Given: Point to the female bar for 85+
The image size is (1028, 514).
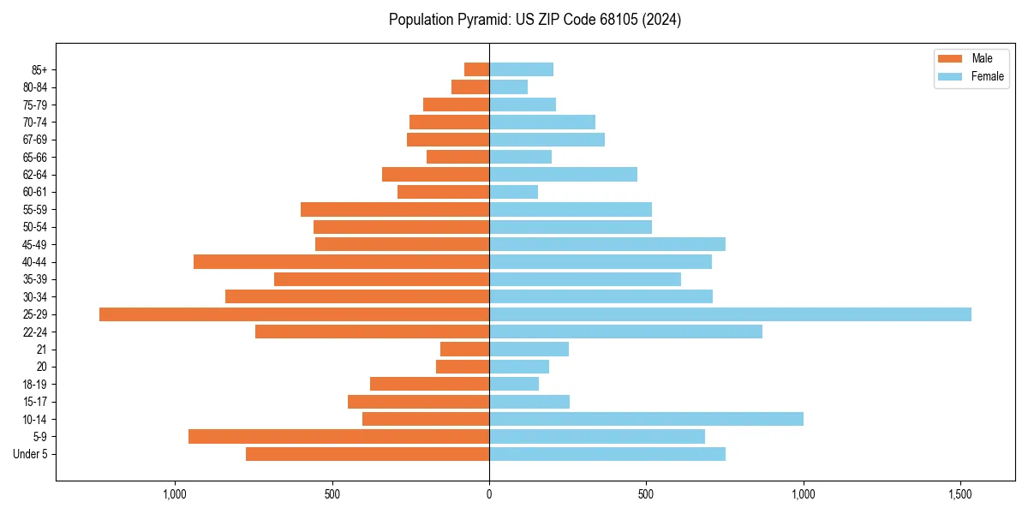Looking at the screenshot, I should click(521, 69).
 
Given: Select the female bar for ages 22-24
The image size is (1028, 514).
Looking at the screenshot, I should click(625, 332).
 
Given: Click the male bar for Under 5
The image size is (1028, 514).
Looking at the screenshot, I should click(368, 454).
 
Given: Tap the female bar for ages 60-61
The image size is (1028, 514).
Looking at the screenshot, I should click(513, 192).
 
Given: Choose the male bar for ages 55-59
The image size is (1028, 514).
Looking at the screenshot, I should click(395, 209).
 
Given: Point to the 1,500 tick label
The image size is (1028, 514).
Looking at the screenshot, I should click(960, 494).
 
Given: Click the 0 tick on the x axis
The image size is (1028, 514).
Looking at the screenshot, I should click(489, 494).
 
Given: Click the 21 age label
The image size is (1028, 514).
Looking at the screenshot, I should click(41, 350).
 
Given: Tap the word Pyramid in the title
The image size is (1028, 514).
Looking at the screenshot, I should click(481, 20).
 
